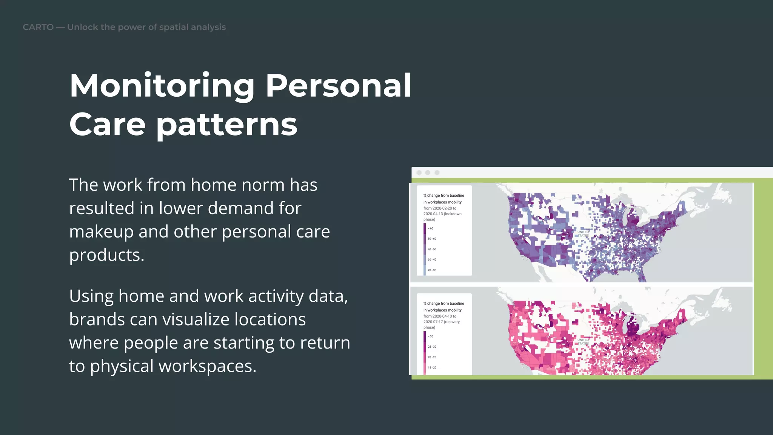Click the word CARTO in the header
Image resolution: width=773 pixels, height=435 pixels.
[38, 27]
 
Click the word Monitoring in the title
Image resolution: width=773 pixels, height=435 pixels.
[162, 86]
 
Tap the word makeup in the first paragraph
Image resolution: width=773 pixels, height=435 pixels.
[101, 231]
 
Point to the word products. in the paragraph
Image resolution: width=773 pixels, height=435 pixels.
[107, 255]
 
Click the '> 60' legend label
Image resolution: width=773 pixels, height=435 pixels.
[430, 228]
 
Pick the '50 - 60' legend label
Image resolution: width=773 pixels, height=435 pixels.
[432, 239]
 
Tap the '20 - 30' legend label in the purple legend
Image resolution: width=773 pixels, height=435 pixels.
[432, 270]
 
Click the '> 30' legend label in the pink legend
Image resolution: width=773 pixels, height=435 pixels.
[430, 336]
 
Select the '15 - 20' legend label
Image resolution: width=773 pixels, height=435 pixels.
[432, 367]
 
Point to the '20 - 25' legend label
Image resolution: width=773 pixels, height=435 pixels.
[432, 357]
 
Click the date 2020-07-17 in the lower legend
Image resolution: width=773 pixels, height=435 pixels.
[433, 322]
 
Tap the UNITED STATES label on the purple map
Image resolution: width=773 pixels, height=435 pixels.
[583, 234]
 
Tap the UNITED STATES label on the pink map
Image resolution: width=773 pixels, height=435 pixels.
[583, 342]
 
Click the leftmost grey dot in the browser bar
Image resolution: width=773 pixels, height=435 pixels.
[419, 173]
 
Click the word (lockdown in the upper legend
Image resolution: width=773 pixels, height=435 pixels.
[453, 214]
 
